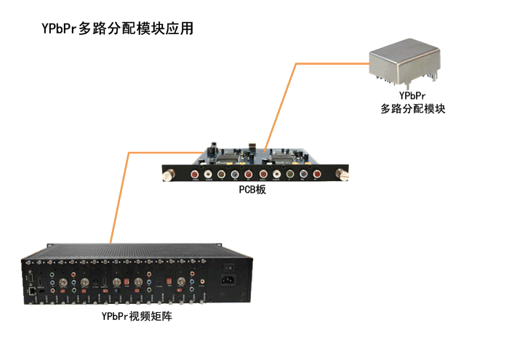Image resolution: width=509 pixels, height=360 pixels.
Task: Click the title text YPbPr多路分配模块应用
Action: point(116,30)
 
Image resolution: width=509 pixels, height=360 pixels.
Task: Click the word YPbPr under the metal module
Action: point(412,96)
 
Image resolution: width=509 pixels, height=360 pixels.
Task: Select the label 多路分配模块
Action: point(412,109)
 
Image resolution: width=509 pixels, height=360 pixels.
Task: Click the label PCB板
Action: point(252,190)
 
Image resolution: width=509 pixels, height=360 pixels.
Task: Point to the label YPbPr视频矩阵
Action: point(137,317)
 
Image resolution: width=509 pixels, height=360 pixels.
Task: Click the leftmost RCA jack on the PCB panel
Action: point(195,175)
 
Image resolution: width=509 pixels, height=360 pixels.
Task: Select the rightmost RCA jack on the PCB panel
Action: point(317,175)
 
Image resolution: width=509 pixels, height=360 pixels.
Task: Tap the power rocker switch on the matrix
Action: point(233,266)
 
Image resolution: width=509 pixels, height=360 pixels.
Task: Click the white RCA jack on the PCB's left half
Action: point(208,175)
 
